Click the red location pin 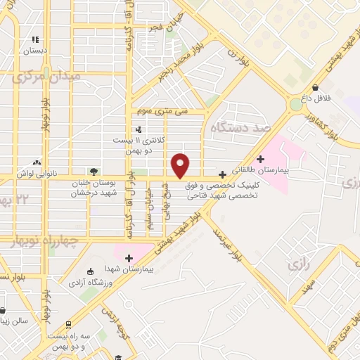click(181, 165)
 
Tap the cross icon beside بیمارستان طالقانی click(262, 159)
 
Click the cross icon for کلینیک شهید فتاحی click(223, 174)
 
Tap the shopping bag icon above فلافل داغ click(316, 86)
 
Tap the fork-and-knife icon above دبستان click(35, 40)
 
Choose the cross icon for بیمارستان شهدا click(129, 257)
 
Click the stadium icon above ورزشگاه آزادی click(89, 271)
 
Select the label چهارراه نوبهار click(53, 241)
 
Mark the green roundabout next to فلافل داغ click(296, 105)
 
